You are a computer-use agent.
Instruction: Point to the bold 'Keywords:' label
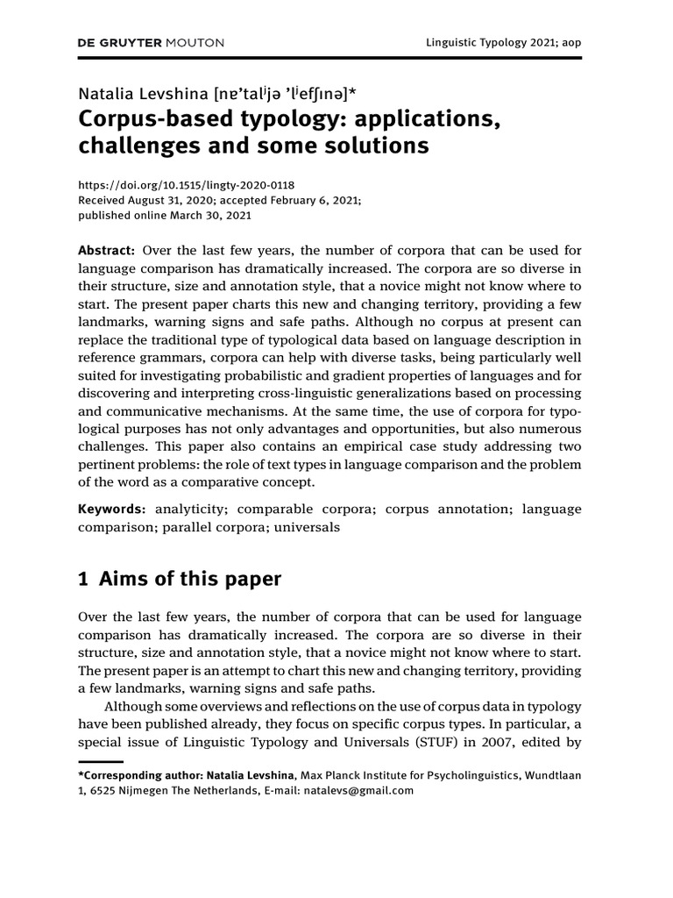tap(112, 510)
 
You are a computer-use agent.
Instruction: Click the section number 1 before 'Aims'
tap(84, 580)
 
